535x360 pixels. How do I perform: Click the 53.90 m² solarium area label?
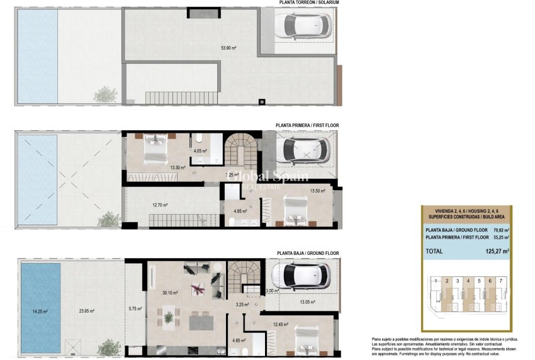pos(228,48)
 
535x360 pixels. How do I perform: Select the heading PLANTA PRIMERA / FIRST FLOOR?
pos(307,126)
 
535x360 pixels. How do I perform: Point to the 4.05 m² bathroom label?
pos(201,151)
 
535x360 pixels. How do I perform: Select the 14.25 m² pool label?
pos(40,310)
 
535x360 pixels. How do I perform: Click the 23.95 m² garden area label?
pos(89,310)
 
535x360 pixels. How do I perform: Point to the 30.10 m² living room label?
pos(170,293)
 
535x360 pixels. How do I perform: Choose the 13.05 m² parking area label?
pos(307,302)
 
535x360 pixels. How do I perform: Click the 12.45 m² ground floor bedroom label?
pos(280,325)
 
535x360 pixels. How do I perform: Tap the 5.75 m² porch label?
pos(135,308)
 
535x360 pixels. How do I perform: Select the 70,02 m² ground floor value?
pos(500,230)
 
